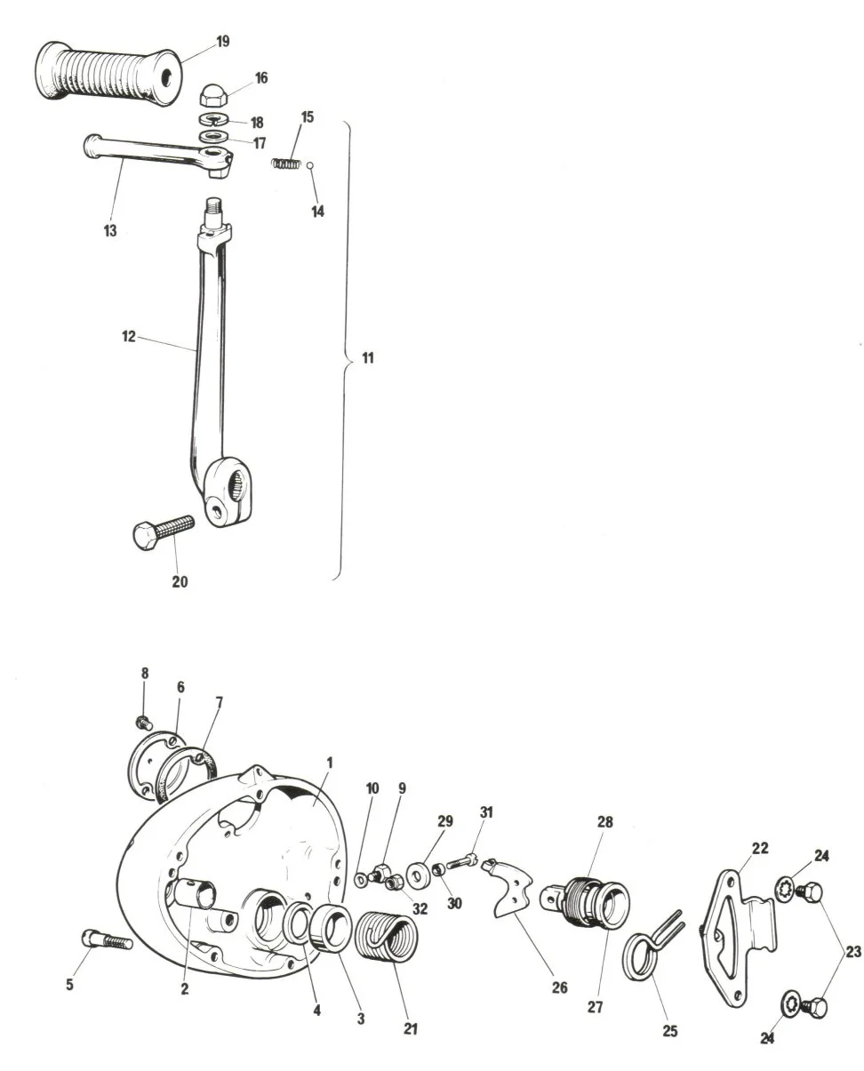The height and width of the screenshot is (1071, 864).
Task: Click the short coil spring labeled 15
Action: coord(285,163)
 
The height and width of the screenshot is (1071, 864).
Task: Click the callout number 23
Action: coord(853,951)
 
